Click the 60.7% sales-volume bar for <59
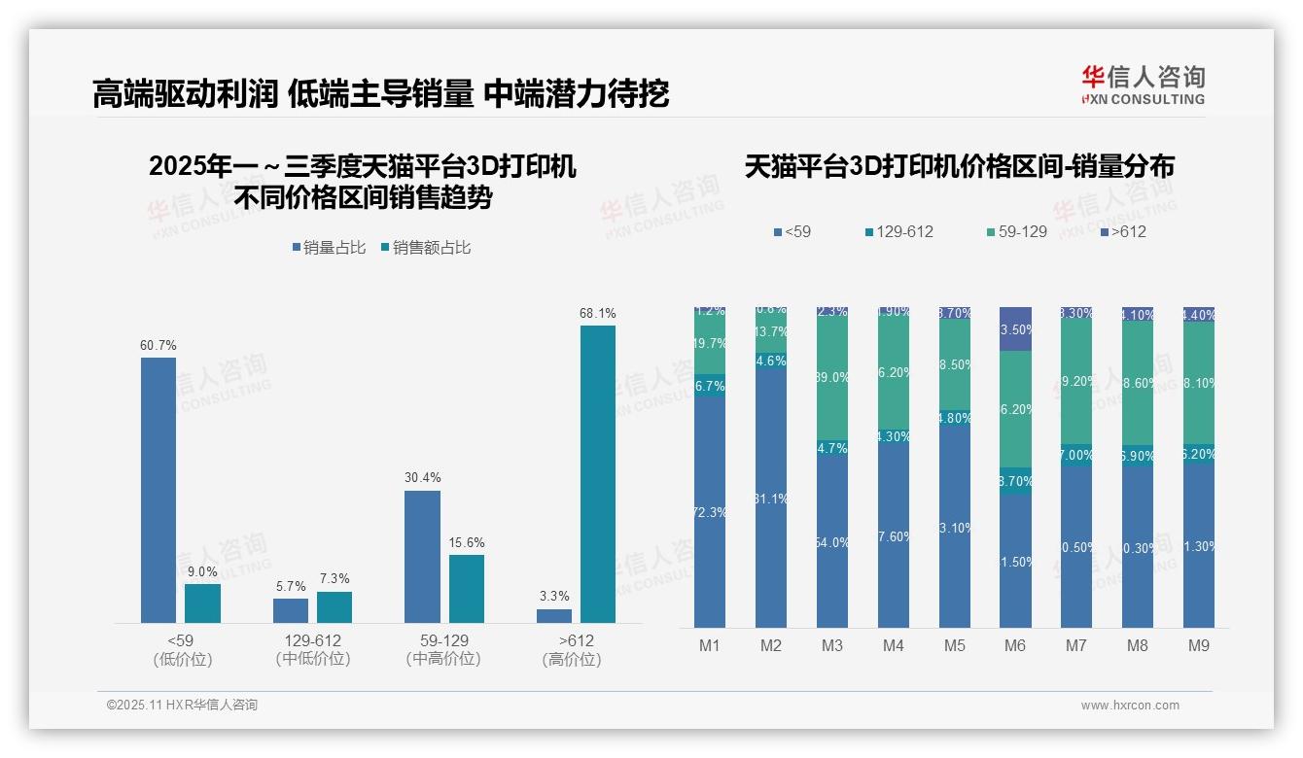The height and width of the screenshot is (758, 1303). pos(158,490)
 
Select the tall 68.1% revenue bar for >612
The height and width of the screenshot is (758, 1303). pos(598,473)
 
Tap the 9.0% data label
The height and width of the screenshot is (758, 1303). pos(202,572)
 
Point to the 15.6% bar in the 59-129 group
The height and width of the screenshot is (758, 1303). pos(467,588)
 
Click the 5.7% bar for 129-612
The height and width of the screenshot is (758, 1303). pos(291,610)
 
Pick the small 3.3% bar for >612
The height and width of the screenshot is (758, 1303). pos(554,615)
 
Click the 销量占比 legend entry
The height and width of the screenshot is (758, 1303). pos(330,248)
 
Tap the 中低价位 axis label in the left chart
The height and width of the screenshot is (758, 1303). pos(312,659)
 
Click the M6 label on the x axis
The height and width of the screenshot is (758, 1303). pos(1015,645)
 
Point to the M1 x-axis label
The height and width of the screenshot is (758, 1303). pos(710,645)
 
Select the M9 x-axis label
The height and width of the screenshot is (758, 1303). pos(1199,645)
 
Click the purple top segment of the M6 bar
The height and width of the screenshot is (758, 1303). pos(1015,328)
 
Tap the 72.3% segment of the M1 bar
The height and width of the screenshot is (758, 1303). pos(710,512)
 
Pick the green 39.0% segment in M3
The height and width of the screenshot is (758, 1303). pos(832,377)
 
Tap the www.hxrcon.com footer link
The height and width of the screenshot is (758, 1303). pos(1130,706)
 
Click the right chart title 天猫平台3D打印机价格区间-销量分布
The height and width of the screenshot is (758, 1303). pos(959,167)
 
